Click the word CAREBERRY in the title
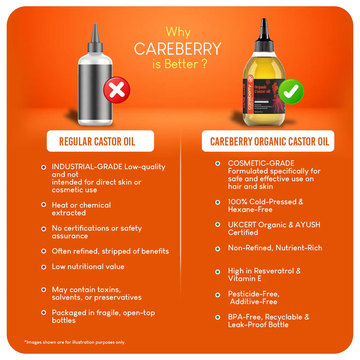178,49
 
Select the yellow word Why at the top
178,32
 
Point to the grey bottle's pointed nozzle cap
94,38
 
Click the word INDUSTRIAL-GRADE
85,167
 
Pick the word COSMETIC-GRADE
261,163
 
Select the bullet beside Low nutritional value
44,267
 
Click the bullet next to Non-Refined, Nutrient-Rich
218,248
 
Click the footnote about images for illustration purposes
75,342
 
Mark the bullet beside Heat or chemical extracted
44,205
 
